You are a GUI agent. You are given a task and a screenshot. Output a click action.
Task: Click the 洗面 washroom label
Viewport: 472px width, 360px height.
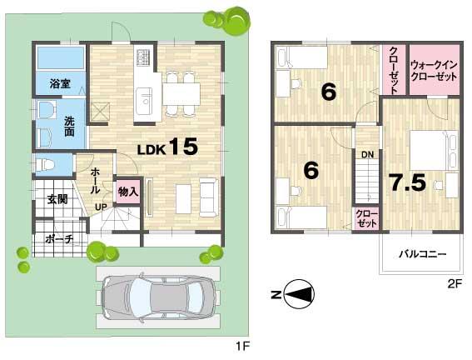[70, 127]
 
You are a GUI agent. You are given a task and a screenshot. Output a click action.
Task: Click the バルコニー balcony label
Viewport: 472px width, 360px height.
[421, 253]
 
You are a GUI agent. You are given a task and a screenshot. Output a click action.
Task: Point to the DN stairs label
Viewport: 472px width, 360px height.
[366, 154]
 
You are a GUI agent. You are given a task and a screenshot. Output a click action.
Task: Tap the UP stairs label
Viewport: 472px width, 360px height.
[100, 206]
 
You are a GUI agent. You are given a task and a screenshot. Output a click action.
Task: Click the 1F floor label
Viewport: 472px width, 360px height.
[240, 342]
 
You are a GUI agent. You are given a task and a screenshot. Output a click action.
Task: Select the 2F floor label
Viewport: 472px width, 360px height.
[454, 283]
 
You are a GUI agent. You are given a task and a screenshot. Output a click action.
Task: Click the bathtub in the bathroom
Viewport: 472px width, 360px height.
[61, 59]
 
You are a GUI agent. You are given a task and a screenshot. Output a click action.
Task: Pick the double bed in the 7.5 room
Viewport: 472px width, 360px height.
[433, 151]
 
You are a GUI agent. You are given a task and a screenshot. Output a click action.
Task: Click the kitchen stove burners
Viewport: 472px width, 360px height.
[143, 57]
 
